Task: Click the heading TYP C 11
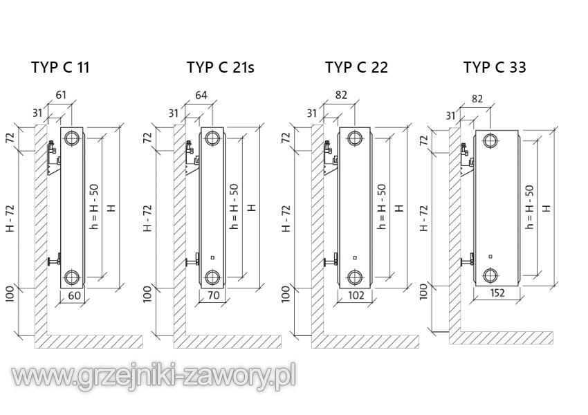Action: [x=60, y=67]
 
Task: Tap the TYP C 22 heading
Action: [x=356, y=67]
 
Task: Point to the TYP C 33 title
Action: [x=495, y=67]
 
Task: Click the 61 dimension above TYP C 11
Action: [x=61, y=95]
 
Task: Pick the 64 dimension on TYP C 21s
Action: [x=201, y=95]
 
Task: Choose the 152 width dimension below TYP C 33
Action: [x=497, y=293]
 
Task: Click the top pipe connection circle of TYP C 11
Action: [x=72, y=139]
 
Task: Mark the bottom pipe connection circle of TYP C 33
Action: [x=490, y=275]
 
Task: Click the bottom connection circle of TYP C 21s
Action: [x=213, y=278]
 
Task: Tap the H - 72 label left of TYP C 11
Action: [x=10, y=218]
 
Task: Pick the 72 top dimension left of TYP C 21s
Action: [x=147, y=137]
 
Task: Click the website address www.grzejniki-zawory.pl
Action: [x=154, y=376]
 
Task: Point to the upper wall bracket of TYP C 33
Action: [x=467, y=152]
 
